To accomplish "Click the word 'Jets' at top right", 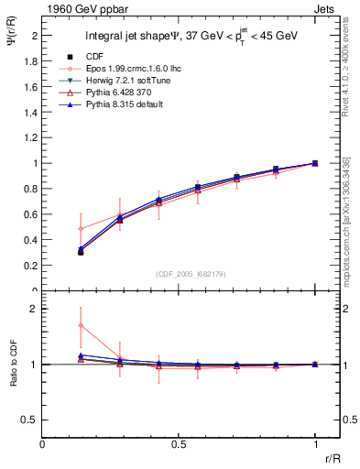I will pos(326,8).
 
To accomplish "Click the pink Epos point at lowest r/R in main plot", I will pos(81,228).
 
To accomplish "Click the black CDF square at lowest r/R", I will pos(81,251).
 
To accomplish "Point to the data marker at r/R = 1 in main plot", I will pos(315,163).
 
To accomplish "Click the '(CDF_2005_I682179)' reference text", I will pos(179,274).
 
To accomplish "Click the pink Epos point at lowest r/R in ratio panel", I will pos(81,325).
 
